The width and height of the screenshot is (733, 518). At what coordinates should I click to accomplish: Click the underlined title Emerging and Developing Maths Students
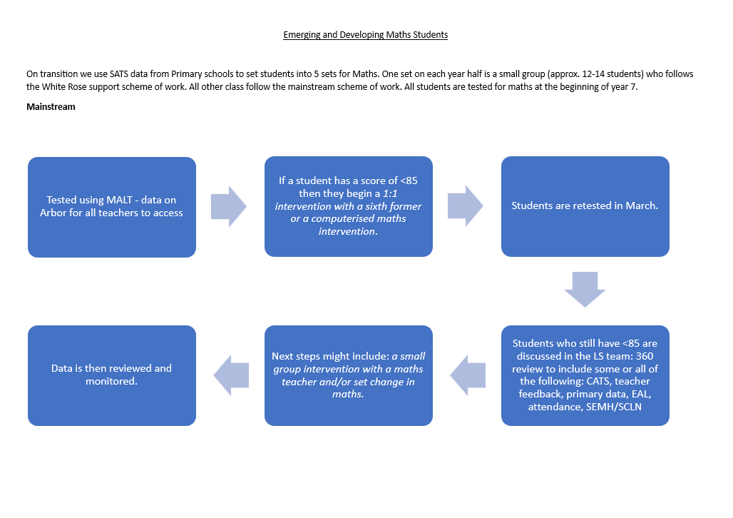[x=366, y=35]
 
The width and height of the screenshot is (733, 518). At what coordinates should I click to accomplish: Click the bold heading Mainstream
[x=51, y=107]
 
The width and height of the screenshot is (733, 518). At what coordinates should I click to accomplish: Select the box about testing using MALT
[x=112, y=207]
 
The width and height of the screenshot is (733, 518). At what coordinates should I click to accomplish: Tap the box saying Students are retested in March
[x=585, y=206]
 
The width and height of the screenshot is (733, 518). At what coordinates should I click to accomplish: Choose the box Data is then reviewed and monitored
[x=112, y=375]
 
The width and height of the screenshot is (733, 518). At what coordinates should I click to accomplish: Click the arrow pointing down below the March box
[x=585, y=289]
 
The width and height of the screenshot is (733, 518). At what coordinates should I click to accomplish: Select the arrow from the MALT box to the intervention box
[x=229, y=206]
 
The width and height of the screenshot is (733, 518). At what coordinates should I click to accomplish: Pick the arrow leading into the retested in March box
[x=466, y=206]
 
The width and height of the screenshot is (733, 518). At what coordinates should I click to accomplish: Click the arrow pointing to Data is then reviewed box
[x=231, y=375]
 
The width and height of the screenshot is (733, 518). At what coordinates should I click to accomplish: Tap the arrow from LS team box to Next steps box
[x=468, y=375]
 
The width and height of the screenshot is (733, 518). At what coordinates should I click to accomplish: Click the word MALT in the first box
[x=120, y=200]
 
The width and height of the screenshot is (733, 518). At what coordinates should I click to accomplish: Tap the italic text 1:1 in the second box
[x=390, y=194]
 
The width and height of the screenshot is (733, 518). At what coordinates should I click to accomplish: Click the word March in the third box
[x=642, y=206]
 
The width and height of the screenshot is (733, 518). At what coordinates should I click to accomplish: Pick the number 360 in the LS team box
[x=645, y=356]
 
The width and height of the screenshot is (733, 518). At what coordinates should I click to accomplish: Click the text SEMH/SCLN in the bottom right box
[x=614, y=407]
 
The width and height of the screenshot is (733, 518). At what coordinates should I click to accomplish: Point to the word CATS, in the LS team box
[x=599, y=381]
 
